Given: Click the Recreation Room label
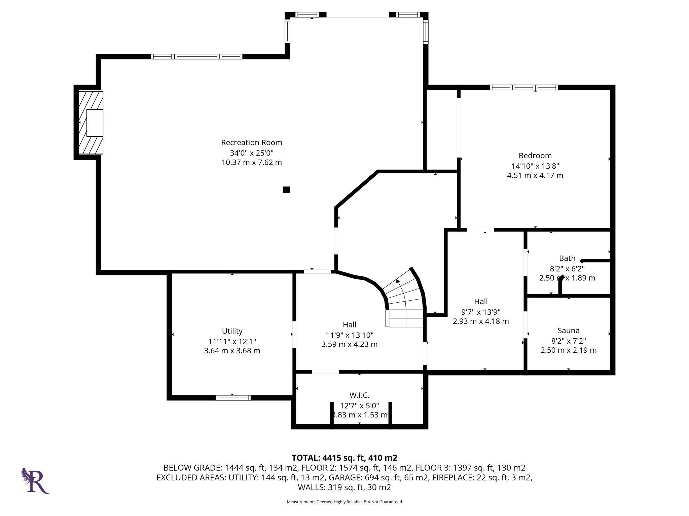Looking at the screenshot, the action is click(x=252, y=142).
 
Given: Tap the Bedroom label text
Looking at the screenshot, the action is click(x=535, y=156).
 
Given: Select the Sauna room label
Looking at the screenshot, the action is click(x=569, y=331).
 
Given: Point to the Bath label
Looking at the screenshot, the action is click(x=567, y=258).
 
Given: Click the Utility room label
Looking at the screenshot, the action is click(x=232, y=331).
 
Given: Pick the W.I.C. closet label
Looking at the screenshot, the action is click(x=359, y=395).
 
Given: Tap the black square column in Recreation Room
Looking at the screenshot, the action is click(x=286, y=190).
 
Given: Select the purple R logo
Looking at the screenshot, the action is click(x=35, y=480).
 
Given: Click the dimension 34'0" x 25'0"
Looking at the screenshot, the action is click(x=252, y=153).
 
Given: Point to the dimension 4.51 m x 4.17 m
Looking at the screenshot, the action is click(x=535, y=175).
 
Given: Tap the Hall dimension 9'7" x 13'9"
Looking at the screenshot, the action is click(x=481, y=312).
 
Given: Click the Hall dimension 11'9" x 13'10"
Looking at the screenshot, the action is click(x=350, y=335).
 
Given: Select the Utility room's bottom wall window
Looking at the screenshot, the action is click(x=233, y=398).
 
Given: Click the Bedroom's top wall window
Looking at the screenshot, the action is click(x=524, y=87).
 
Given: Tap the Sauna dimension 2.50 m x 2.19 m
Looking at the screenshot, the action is click(x=569, y=350).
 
